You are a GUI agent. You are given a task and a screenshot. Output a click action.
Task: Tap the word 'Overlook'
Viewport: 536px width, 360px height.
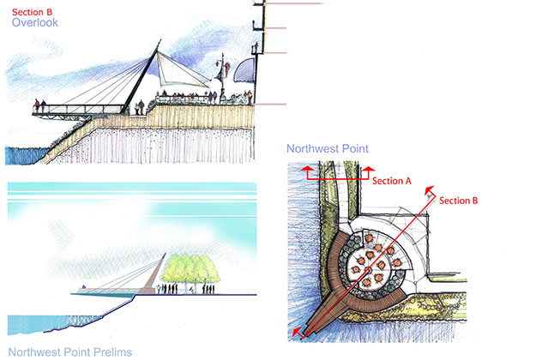click(x=35, y=24)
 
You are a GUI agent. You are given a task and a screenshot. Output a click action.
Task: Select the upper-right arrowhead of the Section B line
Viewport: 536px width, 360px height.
click(x=430, y=193)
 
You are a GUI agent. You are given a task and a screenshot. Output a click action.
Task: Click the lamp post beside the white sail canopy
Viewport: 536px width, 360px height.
click(x=221, y=75)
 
